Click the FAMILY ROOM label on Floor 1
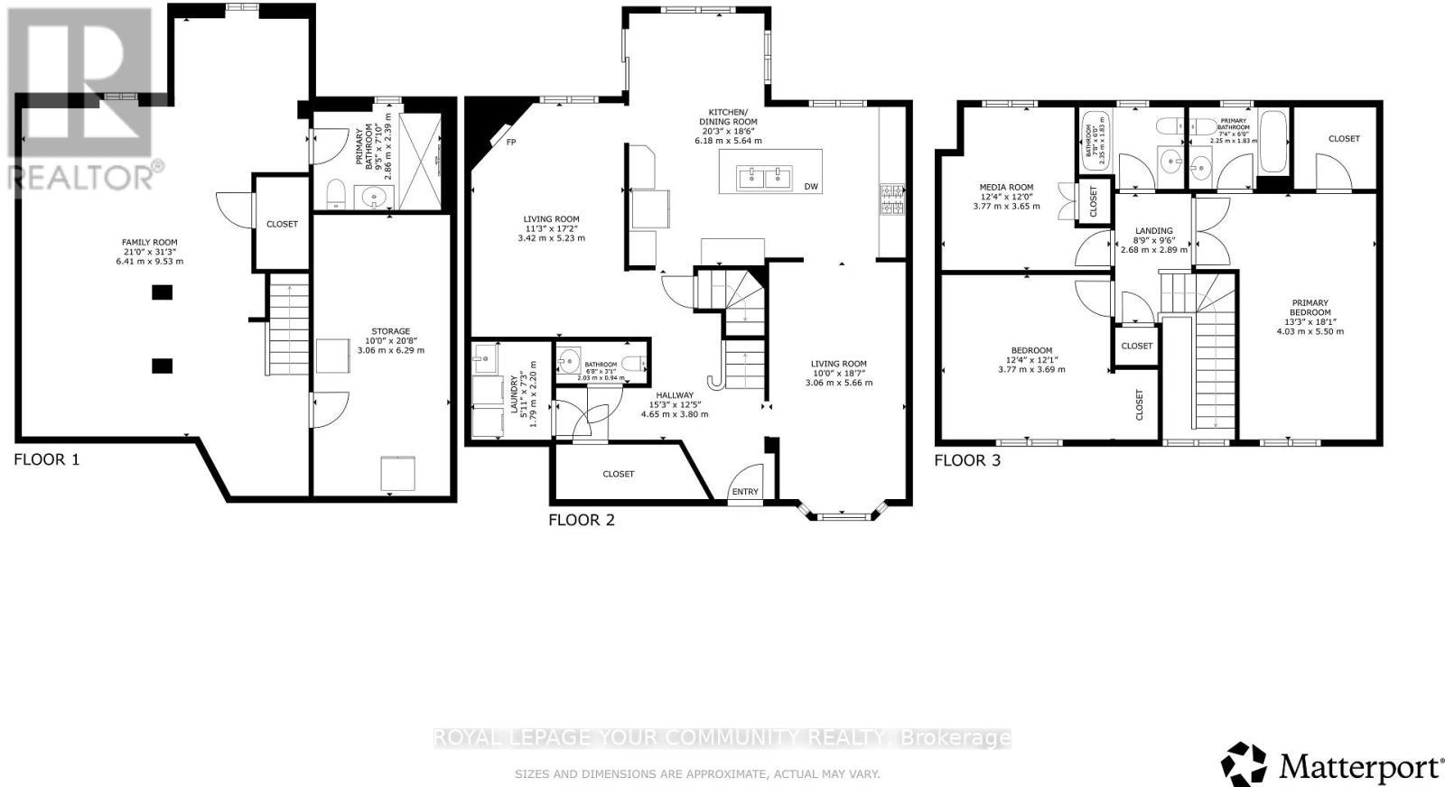pos(150,242)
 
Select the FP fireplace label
pos(511,143)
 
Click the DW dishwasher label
pos(811,187)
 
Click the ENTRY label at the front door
pos(745,492)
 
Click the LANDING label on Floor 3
pos(1153,231)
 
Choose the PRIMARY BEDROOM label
pos(1310,308)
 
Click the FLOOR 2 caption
pos(582,520)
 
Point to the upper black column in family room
pos(162,292)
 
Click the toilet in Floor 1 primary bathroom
pos(335,194)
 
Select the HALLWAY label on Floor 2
pos(675,395)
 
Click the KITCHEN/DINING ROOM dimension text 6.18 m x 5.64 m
pos(728,141)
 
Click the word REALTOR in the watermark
pos(81,177)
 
